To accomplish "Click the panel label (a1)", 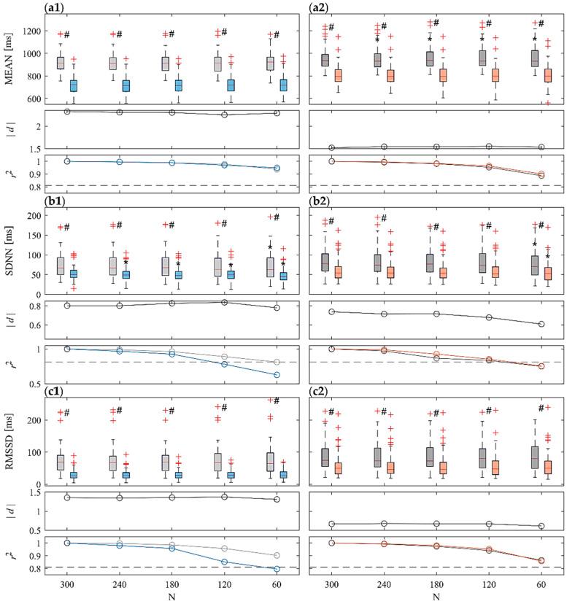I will [x=55, y=8].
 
